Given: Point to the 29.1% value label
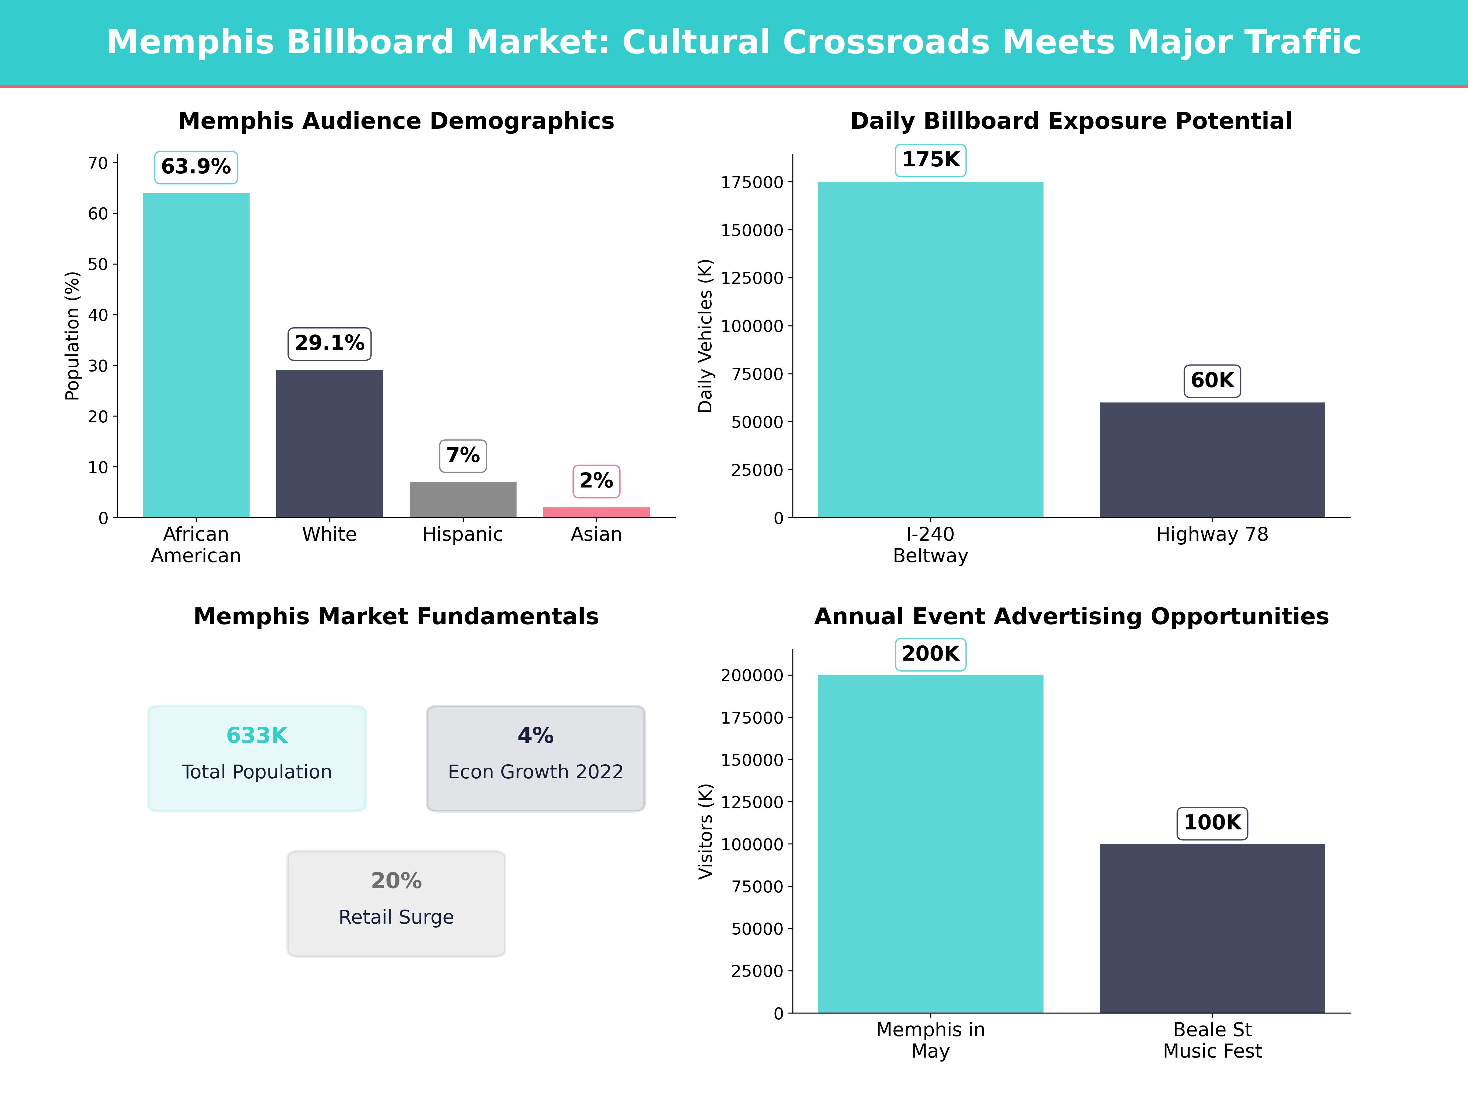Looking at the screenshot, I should pyautogui.click(x=329, y=344).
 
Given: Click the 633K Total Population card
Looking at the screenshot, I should pyautogui.click(x=257, y=758).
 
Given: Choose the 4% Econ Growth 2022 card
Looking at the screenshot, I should pyautogui.click(x=536, y=758).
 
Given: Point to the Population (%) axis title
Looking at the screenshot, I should pyautogui.click(x=72, y=336).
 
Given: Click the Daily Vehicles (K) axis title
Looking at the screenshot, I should pyautogui.click(x=705, y=336).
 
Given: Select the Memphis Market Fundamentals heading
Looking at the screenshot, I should pyautogui.click(x=396, y=617).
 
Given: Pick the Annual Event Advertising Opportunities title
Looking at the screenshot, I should pyautogui.click(x=1071, y=617).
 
